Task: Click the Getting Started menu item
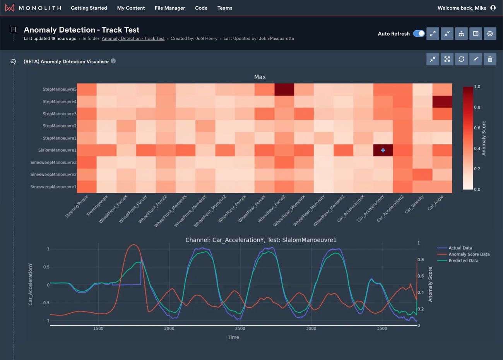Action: coord(89,8)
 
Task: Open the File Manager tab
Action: coord(169,8)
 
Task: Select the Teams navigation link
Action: coord(224,8)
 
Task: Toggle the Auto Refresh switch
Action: coord(419,34)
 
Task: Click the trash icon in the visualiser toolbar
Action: coord(490,59)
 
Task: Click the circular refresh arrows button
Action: coord(461,59)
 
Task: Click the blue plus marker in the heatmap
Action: coord(383,150)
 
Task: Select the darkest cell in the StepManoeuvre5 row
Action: coord(284,89)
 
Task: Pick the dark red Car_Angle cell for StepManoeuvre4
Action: coord(442,101)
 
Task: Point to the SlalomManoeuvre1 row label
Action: coord(57,150)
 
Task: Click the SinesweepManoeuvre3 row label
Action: coord(53,163)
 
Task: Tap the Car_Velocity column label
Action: coord(414,204)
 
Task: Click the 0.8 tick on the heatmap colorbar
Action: coord(477,107)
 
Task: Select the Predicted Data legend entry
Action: coord(463,261)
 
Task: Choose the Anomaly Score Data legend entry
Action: coord(469,254)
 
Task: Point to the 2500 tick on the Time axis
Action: coord(240,328)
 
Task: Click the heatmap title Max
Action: coord(260,77)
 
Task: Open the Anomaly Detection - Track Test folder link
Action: coord(133,39)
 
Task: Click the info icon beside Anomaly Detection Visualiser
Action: coord(113,61)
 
